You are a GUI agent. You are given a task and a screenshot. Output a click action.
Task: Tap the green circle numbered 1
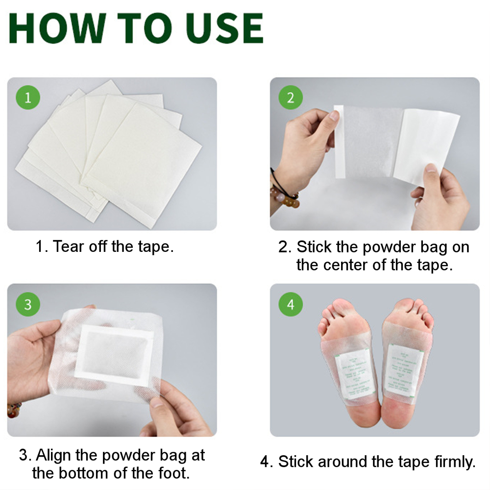[x=27, y=98]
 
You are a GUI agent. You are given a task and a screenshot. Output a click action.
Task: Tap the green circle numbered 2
[x=291, y=98]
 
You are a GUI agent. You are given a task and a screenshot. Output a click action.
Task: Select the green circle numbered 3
[x=27, y=304]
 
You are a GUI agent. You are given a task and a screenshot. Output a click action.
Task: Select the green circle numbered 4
[x=291, y=304]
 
